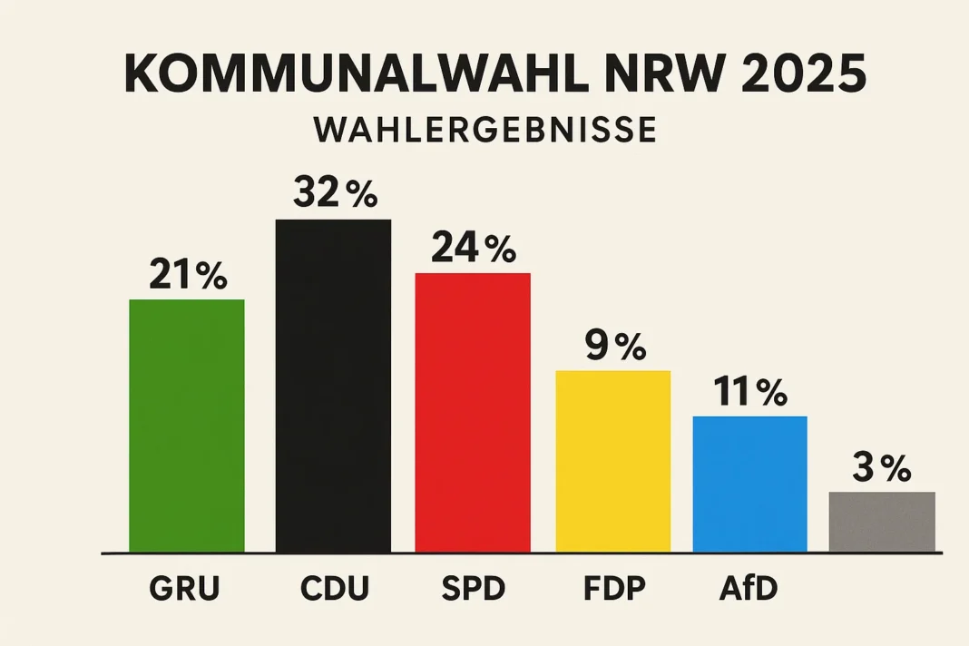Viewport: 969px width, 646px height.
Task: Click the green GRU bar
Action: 187,426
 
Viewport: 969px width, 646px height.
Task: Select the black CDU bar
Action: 333,386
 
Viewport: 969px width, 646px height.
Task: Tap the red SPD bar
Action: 473,412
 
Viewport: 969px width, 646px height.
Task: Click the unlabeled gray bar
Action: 882,522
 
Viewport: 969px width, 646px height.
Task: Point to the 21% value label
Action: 187,275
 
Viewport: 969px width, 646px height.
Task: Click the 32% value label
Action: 334,194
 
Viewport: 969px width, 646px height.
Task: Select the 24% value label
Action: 473,248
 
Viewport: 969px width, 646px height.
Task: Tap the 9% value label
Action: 613,346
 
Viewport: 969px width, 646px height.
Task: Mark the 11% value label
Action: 749,392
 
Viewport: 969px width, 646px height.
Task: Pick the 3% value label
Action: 882,468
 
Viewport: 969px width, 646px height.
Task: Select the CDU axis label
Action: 334,590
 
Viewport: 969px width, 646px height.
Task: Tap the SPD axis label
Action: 473,590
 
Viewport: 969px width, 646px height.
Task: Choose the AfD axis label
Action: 749,590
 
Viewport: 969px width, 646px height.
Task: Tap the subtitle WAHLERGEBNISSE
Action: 484,130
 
